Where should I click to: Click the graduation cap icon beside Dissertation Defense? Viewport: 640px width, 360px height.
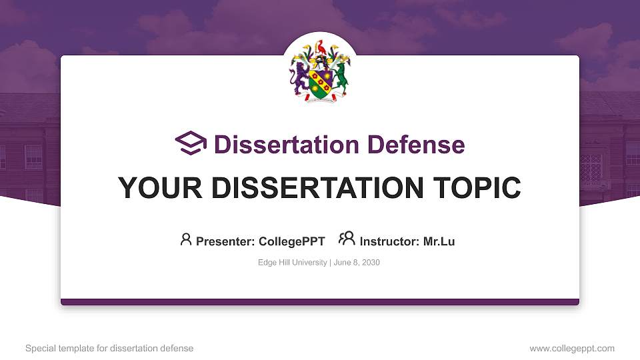(x=191, y=143)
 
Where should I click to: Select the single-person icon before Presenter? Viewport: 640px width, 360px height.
(x=186, y=239)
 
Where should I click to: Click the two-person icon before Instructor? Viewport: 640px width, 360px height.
(x=347, y=239)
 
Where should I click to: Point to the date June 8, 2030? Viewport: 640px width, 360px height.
(x=356, y=263)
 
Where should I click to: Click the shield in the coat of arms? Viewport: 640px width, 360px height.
(x=319, y=84)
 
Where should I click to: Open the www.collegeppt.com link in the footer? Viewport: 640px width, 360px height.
(x=571, y=348)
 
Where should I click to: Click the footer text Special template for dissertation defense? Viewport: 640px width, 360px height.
(x=109, y=348)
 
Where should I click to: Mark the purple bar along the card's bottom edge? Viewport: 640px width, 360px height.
(x=320, y=302)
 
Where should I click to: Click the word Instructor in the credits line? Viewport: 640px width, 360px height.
(x=389, y=241)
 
